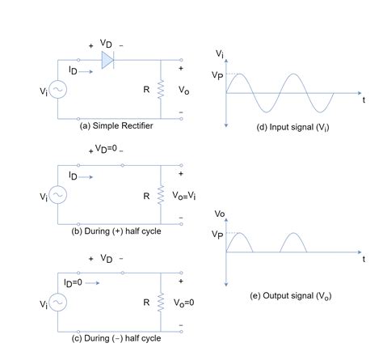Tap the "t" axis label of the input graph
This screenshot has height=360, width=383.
tap(364, 99)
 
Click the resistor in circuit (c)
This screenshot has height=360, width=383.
tap(162, 302)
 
